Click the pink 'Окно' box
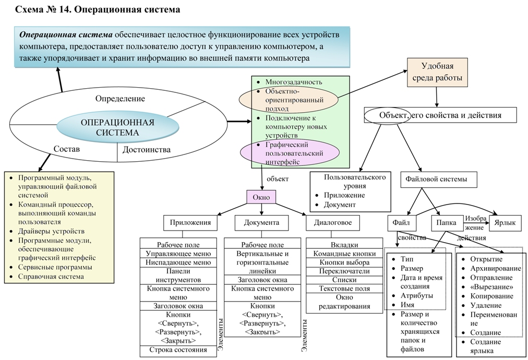point(261,197)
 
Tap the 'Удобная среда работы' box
point(437,73)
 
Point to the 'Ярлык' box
point(505,223)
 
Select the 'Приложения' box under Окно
point(190,222)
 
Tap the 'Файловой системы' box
point(440,179)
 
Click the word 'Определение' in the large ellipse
point(120,98)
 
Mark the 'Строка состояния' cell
point(178,350)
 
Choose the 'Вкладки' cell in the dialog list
point(344,245)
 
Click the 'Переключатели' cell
point(344,271)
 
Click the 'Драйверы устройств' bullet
point(52,231)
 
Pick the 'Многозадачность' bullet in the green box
point(294,82)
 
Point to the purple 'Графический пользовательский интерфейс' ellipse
point(289,153)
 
